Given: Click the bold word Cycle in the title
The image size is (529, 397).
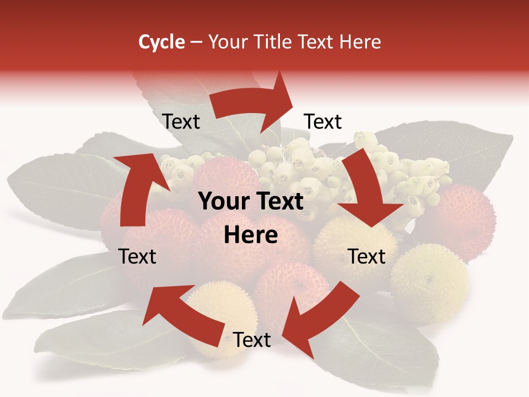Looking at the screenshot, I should point(161,42).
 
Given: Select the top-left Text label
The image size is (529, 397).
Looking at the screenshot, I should point(181,121).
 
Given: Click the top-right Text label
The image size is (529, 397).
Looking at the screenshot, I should point(323,121).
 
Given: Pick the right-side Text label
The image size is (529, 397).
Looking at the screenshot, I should point(366,256).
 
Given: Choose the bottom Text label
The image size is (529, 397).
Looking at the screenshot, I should point(252,340).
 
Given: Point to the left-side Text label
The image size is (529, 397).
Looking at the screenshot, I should point(137,256).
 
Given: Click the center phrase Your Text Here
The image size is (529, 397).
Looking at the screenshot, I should point(251,218).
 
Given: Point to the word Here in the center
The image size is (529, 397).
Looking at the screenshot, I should point(251,235).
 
